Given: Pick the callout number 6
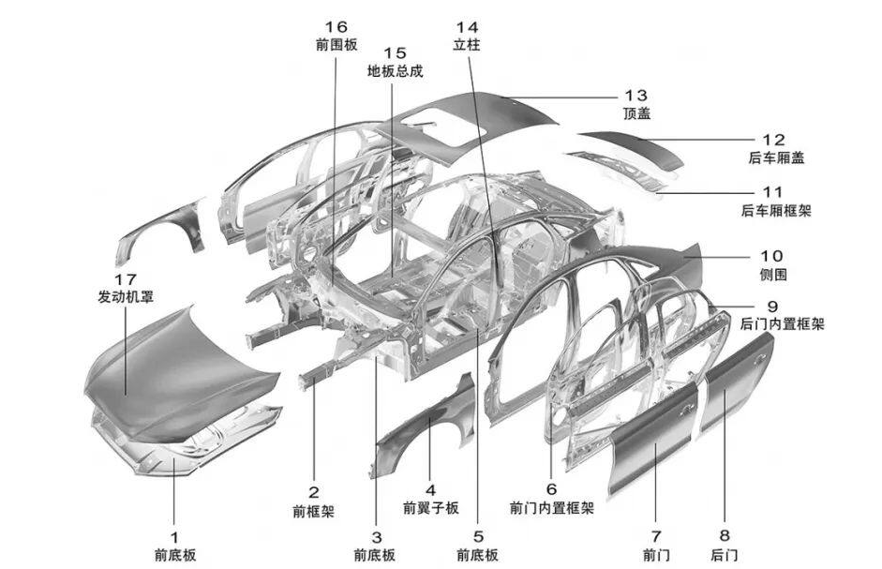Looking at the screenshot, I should pos(551,488).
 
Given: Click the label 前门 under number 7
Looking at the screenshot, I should pos(655,554).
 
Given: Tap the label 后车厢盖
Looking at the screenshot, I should pos(777,158).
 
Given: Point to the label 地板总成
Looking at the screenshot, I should pos(395,71).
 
